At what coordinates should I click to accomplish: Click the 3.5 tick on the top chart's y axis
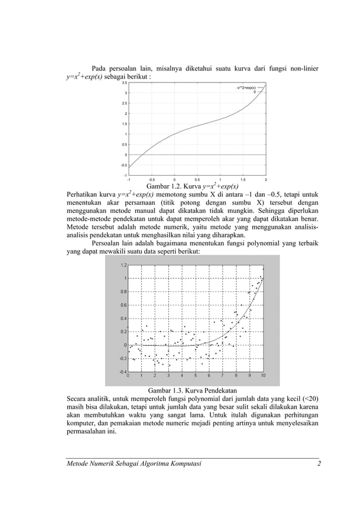pyautogui.click(x=125, y=82)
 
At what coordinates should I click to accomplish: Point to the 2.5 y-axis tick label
pyautogui.click(x=125, y=103)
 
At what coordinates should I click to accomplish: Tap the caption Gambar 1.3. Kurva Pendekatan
pyautogui.click(x=192, y=390)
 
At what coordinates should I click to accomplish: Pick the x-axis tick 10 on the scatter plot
pyautogui.click(x=263, y=376)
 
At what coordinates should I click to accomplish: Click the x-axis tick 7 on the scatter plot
pyautogui.click(x=222, y=376)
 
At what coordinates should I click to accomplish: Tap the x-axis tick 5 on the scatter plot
pyautogui.click(x=195, y=376)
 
